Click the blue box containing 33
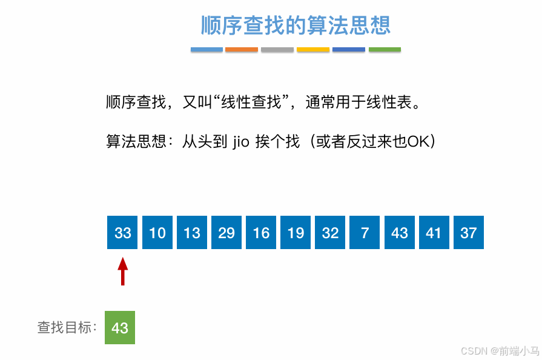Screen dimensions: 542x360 (x=122, y=233)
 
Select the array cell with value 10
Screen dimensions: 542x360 (x=157, y=233)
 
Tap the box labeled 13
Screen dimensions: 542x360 (x=192, y=233)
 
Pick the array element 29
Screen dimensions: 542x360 (x=226, y=233)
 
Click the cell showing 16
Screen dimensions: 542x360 (x=261, y=233)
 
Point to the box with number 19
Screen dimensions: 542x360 (x=296, y=233)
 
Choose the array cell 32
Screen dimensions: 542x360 (x=330, y=233)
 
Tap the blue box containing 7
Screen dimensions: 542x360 (x=365, y=233)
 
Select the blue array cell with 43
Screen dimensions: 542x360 (x=400, y=233)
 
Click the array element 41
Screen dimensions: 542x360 (x=434, y=233)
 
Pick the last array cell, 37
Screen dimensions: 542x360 (x=469, y=233)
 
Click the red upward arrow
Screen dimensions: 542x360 (x=123, y=271)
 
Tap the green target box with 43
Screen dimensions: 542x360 (x=120, y=327)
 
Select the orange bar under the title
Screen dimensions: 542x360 (x=242, y=50)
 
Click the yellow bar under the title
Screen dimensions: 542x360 (x=313, y=50)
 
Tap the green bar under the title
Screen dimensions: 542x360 (x=385, y=50)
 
